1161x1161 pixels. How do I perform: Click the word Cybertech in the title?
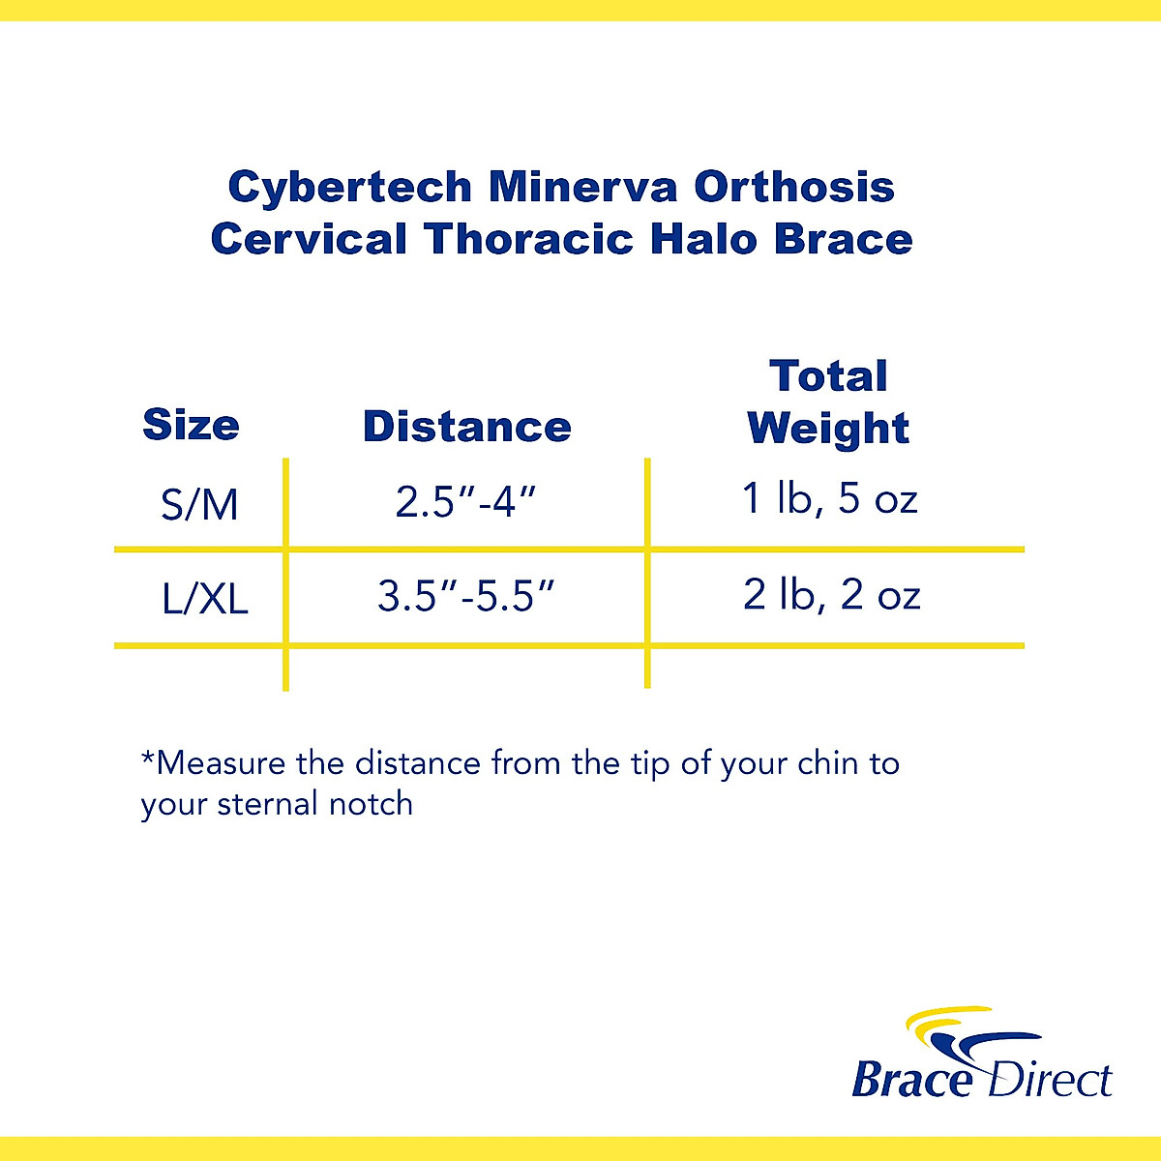[349, 188]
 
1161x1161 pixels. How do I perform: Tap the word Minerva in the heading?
[582, 187]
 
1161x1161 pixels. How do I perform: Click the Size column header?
[191, 425]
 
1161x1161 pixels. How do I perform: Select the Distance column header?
[466, 427]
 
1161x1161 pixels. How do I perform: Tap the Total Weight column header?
[828, 402]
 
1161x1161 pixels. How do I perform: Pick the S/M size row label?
[199, 505]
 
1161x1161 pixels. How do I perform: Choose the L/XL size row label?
[204, 599]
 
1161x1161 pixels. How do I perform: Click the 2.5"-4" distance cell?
[465, 502]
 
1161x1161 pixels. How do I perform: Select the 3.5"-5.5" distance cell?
[466, 596]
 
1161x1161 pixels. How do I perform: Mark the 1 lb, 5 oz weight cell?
[829, 498]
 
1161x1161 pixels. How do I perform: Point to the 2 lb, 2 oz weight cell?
[831, 594]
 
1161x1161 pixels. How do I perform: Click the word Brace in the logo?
[911, 1080]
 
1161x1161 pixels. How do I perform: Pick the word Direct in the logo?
[1049, 1080]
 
